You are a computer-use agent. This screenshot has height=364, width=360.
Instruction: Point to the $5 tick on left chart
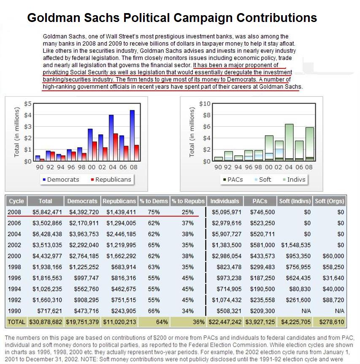(x=27, y=103)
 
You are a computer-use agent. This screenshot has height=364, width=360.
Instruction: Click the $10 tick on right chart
(x=205, y=103)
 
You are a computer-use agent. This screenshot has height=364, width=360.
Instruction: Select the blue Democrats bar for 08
(x=132, y=135)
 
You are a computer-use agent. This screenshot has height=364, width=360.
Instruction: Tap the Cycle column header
(x=16, y=201)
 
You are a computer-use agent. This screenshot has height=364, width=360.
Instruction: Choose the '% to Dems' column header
(x=154, y=201)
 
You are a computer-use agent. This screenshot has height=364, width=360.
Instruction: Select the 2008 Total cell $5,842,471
(x=46, y=212)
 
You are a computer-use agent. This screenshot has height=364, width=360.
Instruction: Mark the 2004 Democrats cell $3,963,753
(x=82, y=234)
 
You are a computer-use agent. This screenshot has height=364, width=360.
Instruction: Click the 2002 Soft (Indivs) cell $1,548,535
(x=295, y=245)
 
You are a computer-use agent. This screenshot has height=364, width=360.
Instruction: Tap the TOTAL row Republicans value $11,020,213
(x=119, y=322)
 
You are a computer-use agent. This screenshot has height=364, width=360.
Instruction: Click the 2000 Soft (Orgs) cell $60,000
(x=333, y=256)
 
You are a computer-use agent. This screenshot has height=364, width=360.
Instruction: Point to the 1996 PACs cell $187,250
(x=262, y=278)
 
